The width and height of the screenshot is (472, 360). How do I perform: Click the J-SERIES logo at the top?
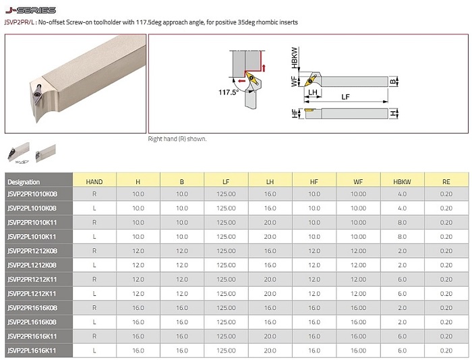30,10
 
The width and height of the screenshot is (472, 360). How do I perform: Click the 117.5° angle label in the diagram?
228,92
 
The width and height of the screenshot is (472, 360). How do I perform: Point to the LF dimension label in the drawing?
345,97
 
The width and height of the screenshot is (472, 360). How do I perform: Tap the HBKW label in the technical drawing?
294,57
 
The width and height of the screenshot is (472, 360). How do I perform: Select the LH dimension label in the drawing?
312,92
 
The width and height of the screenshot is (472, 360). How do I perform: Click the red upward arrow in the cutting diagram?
264,67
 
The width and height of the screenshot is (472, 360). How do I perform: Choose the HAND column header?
94,181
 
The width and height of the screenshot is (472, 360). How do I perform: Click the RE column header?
446,181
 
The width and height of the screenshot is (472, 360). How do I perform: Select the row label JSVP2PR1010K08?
32,194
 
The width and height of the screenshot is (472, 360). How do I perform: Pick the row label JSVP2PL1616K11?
32,351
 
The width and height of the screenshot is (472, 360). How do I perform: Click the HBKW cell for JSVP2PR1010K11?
402,222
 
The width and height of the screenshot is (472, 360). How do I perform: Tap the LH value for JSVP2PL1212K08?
270,265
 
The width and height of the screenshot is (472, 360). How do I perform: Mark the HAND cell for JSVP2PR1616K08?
94,308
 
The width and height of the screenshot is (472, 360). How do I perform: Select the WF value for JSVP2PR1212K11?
358,279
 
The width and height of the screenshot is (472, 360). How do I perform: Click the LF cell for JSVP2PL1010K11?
226,237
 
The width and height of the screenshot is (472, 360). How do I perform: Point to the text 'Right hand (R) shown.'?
177,139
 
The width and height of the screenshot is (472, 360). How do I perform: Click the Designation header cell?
24,182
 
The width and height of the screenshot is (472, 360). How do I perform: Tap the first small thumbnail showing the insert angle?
19,153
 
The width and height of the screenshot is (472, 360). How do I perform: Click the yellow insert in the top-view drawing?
310,80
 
